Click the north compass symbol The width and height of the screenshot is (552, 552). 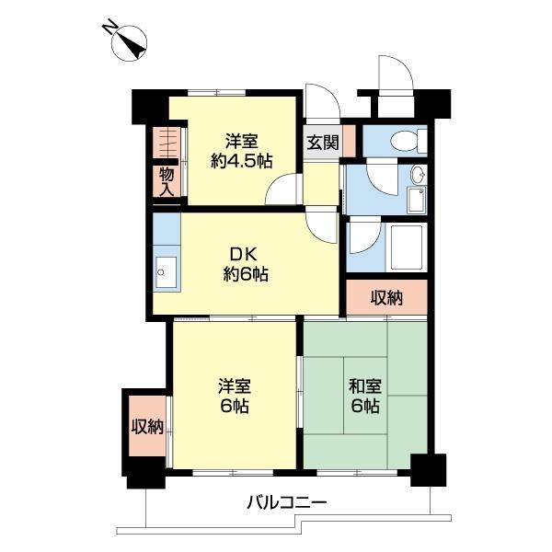129,44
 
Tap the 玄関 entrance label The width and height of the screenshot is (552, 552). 323,143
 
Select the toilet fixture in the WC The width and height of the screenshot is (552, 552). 408,141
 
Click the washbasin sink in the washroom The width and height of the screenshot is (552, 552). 419,174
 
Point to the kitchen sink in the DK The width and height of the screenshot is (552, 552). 167,271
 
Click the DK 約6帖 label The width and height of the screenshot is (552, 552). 246,264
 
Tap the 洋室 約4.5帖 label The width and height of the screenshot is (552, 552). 241,152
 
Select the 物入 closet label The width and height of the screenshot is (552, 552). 167,181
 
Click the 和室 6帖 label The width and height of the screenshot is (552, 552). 364,397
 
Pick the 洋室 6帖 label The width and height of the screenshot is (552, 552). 235,397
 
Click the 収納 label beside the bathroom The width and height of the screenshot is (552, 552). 386,298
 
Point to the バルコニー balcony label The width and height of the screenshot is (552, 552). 287,502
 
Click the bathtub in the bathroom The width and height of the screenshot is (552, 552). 407,247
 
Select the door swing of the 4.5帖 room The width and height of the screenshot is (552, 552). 283,190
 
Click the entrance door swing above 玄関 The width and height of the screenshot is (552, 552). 323,103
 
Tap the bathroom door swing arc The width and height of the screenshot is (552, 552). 364,235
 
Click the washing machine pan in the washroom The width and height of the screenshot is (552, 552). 417,200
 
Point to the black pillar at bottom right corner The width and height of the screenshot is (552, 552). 429,470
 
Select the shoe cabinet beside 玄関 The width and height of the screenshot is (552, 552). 350,140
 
